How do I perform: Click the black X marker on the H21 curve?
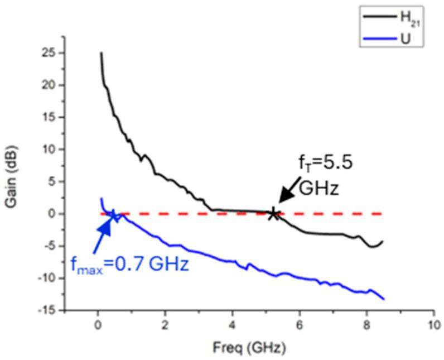[x=273, y=214]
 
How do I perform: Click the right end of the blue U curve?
[x=384, y=299]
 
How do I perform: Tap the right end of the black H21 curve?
[x=383, y=242]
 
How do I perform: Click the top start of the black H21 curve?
[x=101, y=53]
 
